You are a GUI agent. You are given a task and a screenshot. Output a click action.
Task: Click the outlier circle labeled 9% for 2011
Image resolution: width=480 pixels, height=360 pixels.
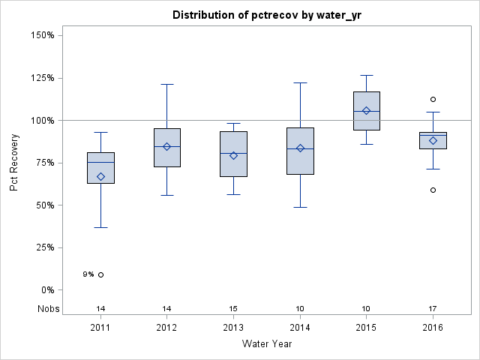pos(100,274)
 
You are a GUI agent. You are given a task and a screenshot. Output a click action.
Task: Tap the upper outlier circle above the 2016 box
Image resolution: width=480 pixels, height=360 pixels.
pos(433,99)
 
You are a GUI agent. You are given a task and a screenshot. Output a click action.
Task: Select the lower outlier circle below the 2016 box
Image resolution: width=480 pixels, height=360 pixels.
pos(433,190)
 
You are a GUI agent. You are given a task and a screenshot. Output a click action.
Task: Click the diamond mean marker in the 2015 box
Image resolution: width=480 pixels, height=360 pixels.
pos(366,110)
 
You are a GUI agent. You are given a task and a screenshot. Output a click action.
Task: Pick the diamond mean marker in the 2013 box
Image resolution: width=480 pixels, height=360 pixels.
pos(233,155)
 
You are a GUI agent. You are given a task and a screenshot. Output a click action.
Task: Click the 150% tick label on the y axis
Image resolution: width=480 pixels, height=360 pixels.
pos(40,35)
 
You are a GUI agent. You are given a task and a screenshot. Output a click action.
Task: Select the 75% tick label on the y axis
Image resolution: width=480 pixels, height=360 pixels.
pos(43,163)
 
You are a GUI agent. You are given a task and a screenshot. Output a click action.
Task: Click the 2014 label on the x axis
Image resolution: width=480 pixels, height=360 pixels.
pos(300,327)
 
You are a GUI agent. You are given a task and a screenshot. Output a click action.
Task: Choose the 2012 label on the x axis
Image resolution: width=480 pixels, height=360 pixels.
pos(166,327)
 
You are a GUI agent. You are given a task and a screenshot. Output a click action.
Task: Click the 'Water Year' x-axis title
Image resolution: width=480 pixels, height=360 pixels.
pos(267,344)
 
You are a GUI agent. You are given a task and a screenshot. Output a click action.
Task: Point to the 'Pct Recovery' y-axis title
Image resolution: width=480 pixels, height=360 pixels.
pos(15,163)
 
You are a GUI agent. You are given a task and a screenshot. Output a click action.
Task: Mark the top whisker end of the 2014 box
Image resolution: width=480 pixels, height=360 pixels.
pos(300,82)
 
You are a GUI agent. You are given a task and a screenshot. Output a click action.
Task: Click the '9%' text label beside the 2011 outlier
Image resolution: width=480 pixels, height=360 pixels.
pos(88,274)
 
